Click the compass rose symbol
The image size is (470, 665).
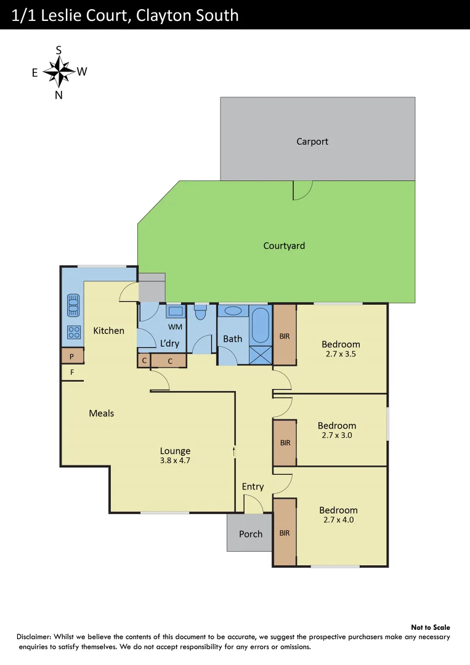59,73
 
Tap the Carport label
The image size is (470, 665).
312,142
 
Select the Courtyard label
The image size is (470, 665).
284,246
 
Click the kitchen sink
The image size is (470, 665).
73,304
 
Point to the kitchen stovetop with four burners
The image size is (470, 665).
73,332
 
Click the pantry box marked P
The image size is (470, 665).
72,356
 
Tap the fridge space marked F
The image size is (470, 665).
72,373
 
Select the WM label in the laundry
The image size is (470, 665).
175,326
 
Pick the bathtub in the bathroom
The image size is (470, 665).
261,326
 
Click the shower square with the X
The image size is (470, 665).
261,355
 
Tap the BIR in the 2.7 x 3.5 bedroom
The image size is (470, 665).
285,336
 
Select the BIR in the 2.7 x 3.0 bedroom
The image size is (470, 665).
285,443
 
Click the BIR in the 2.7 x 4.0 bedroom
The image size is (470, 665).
285,533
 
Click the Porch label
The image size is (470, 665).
251,534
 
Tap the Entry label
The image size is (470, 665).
253,486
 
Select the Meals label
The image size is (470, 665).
102,413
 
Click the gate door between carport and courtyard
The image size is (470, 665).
301,190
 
